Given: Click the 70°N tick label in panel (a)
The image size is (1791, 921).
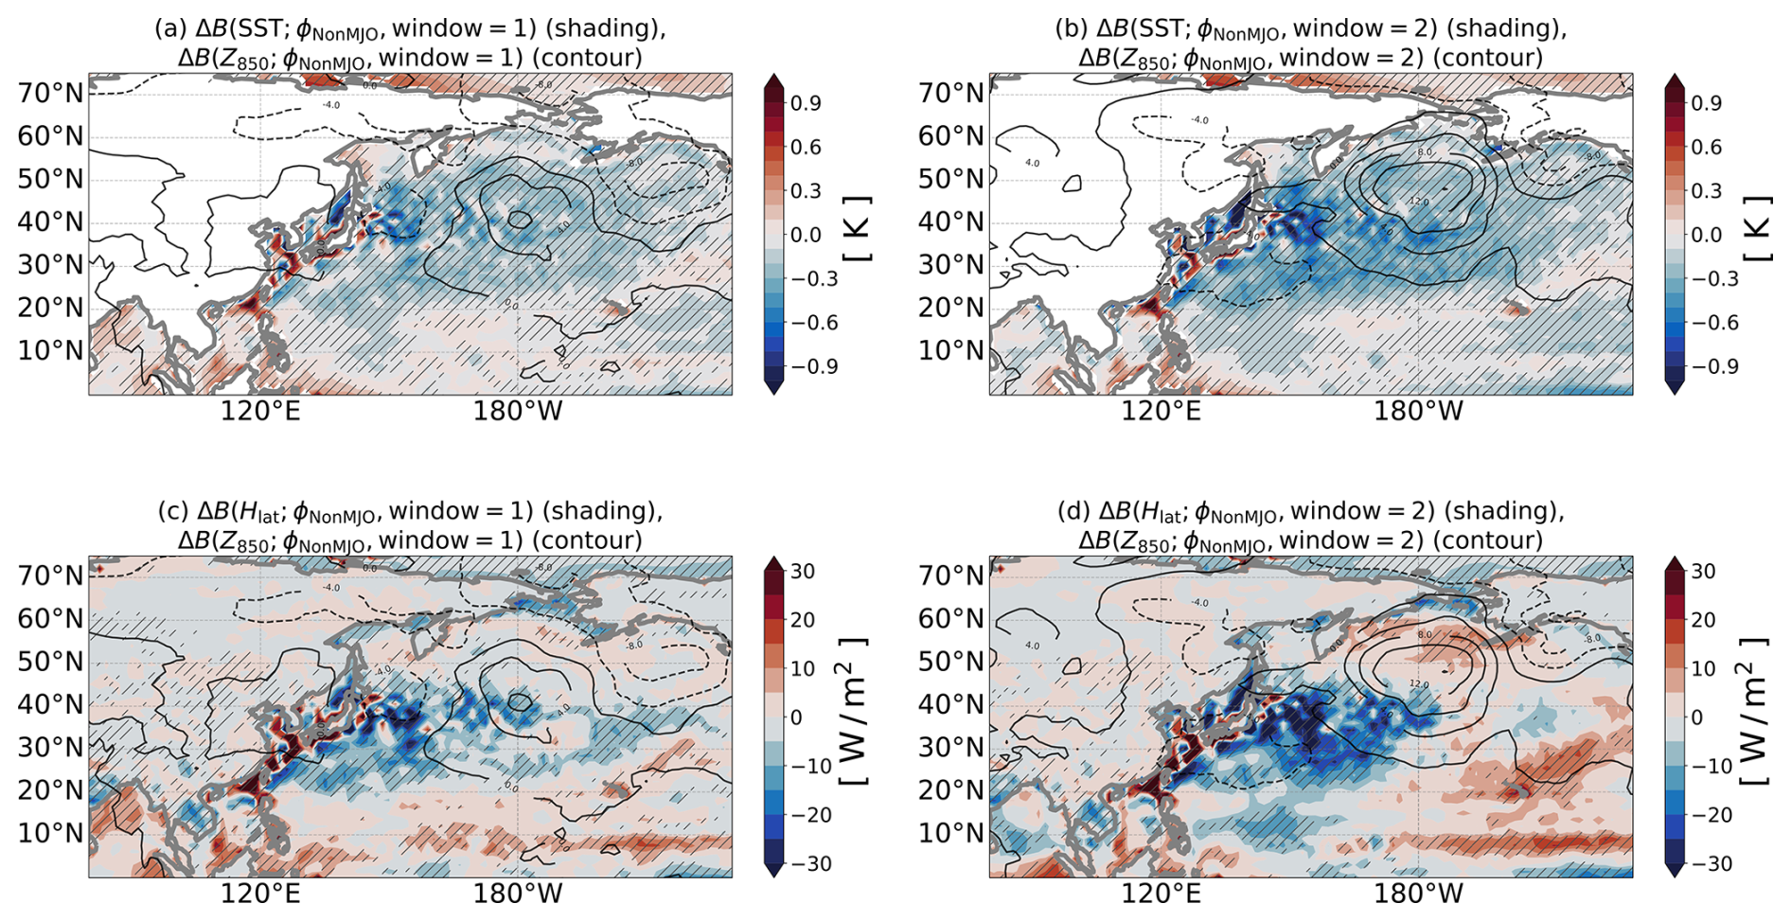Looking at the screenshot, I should click(50, 93).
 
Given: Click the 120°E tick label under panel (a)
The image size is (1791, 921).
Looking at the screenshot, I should click(260, 411).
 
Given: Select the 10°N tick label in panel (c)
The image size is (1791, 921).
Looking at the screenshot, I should click(50, 833).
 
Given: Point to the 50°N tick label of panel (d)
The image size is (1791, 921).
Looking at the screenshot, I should click(950, 661).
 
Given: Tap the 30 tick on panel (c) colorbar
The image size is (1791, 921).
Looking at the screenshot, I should click(804, 572).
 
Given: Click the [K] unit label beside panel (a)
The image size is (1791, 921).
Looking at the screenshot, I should click(856, 229).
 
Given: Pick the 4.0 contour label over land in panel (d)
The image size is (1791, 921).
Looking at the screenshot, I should click(1032, 646).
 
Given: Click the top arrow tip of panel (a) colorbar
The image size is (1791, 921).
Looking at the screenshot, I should click(773, 77).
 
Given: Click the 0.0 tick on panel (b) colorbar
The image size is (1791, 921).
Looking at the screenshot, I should click(1708, 235).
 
